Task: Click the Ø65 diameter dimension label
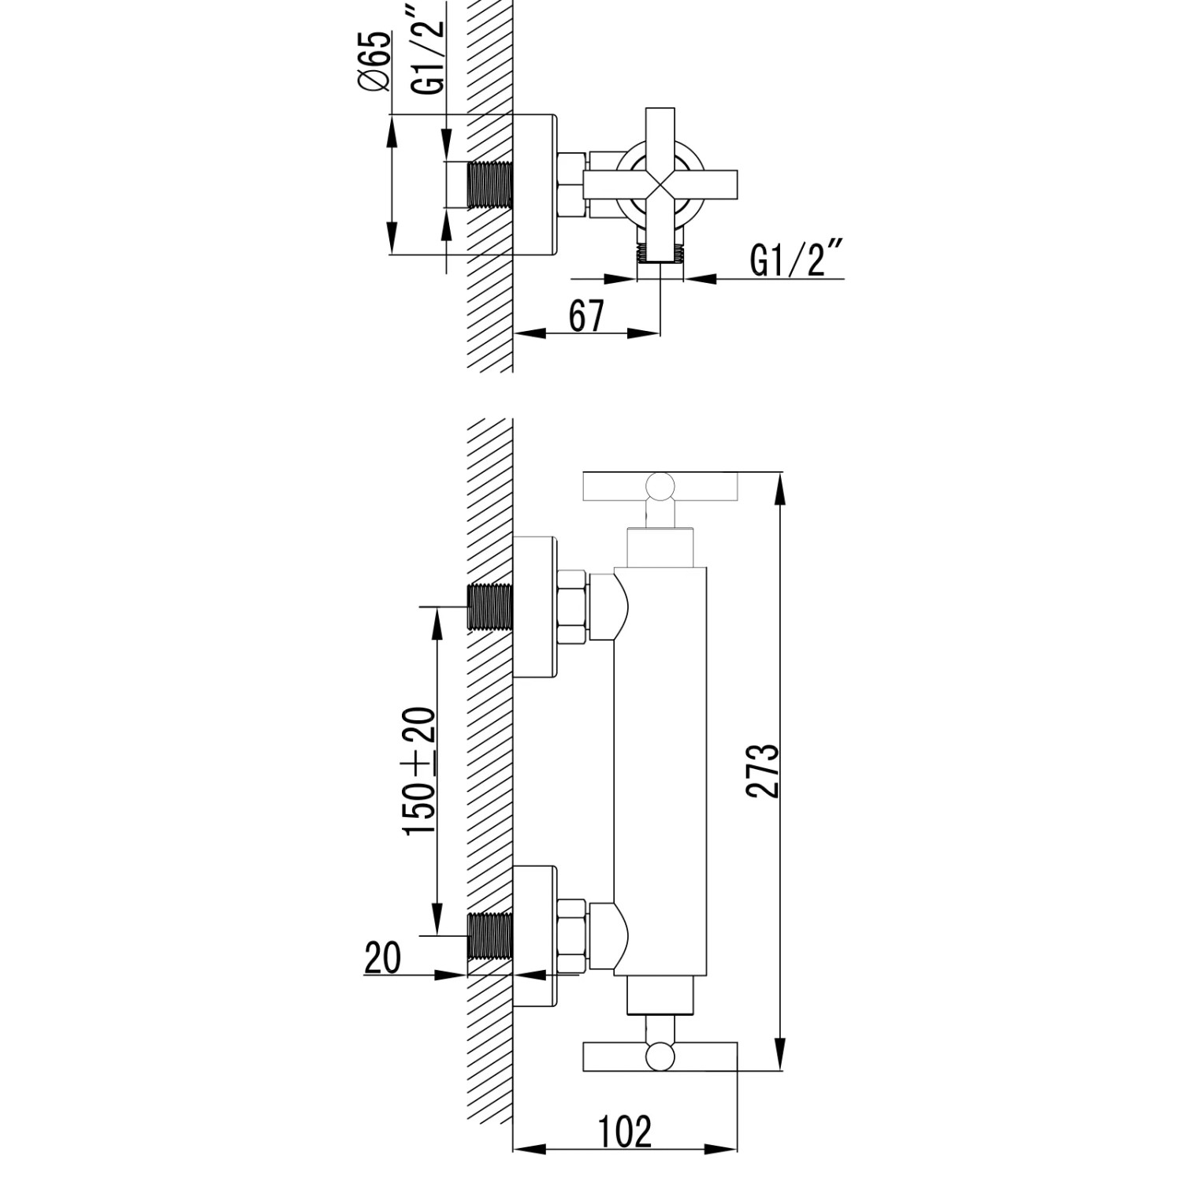[x=377, y=61]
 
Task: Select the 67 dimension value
[x=585, y=317]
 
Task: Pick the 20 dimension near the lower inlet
[x=382, y=958]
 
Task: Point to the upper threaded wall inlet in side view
[x=490, y=607]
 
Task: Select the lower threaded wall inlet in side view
[x=490, y=935]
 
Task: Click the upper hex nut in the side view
[x=571, y=608]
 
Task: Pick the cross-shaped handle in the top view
[x=659, y=184]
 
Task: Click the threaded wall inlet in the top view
[x=490, y=186]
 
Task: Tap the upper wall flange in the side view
[x=536, y=607]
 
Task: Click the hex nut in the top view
[x=570, y=185]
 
